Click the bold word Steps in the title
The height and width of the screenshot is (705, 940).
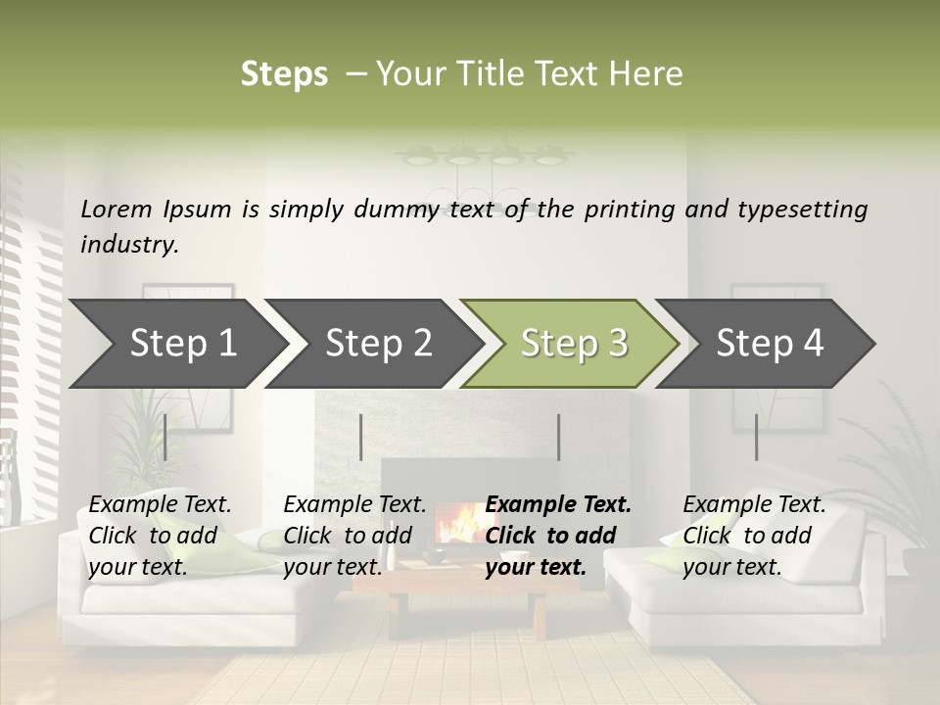coord(284,74)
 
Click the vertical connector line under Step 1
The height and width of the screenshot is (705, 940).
coord(165,437)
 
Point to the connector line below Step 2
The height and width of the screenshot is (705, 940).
coord(361,437)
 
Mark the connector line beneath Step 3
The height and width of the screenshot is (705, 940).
coord(558,437)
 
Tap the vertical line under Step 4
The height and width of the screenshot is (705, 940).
coord(756,437)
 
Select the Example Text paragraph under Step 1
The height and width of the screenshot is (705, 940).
coord(160,536)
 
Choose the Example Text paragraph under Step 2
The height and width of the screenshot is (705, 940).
coord(354,536)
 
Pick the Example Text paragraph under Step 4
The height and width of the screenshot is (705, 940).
coord(754,536)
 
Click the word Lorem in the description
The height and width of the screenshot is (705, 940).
coord(117,209)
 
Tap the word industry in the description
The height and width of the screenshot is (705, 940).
coord(128,245)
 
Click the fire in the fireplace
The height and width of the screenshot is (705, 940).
coord(453,525)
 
